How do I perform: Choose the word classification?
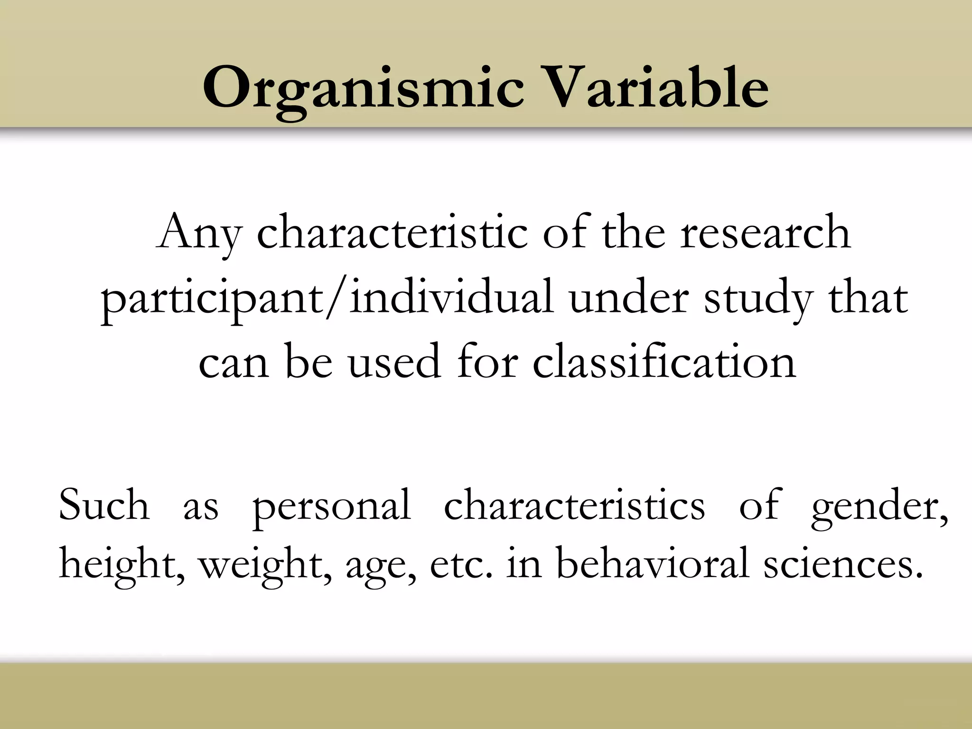pyautogui.click(x=664, y=363)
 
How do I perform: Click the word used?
pyautogui.click(x=394, y=364)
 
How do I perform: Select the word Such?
pyautogui.click(x=104, y=505)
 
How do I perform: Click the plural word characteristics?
pyautogui.click(x=574, y=505)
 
